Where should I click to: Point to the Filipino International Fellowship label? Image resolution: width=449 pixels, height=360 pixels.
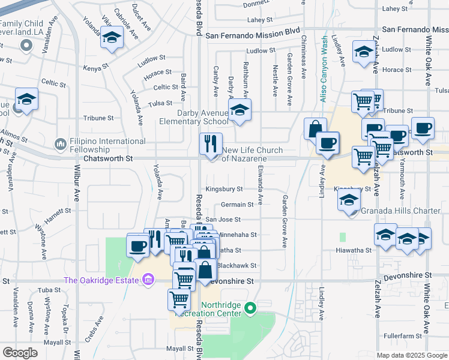tap(100, 145)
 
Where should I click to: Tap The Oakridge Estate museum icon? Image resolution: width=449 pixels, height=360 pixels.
tap(148, 280)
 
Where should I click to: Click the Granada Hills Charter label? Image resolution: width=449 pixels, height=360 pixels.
tap(400, 211)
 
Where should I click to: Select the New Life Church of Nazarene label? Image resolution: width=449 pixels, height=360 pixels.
tap(244, 154)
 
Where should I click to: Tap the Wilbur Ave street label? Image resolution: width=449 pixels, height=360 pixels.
tap(77, 183)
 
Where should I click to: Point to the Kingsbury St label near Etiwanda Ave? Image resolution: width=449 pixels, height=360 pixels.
tap(223, 189)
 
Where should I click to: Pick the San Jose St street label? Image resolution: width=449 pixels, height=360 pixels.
tap(223, 220)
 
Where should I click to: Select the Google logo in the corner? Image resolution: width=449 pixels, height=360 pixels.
tap(20, 353)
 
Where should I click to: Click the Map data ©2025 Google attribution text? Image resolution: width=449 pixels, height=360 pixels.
tap(412, 355)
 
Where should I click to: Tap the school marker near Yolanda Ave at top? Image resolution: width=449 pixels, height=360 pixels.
tap(111, 38)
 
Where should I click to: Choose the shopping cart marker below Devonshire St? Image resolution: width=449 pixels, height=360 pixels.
tap(179, 299)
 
